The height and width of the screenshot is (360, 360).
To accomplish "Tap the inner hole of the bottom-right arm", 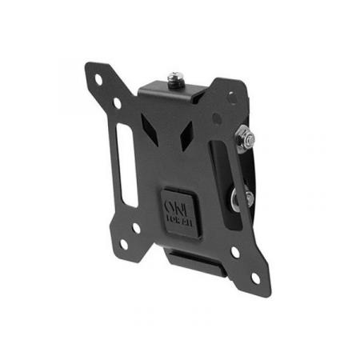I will [x=235, y=252].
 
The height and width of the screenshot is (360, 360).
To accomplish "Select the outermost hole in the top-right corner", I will [x=231, y=94].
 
